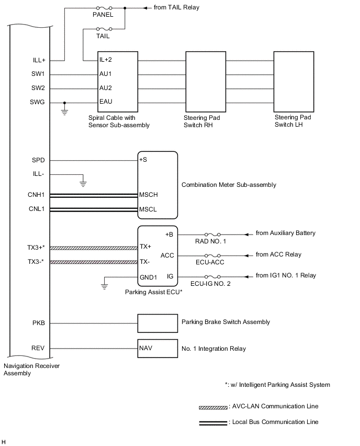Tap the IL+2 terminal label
106,60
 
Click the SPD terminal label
38,160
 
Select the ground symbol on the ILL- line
82,183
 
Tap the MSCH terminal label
149,195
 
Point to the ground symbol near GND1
104,286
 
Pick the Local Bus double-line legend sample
213,422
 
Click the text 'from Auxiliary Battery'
285,233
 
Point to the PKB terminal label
38,323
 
